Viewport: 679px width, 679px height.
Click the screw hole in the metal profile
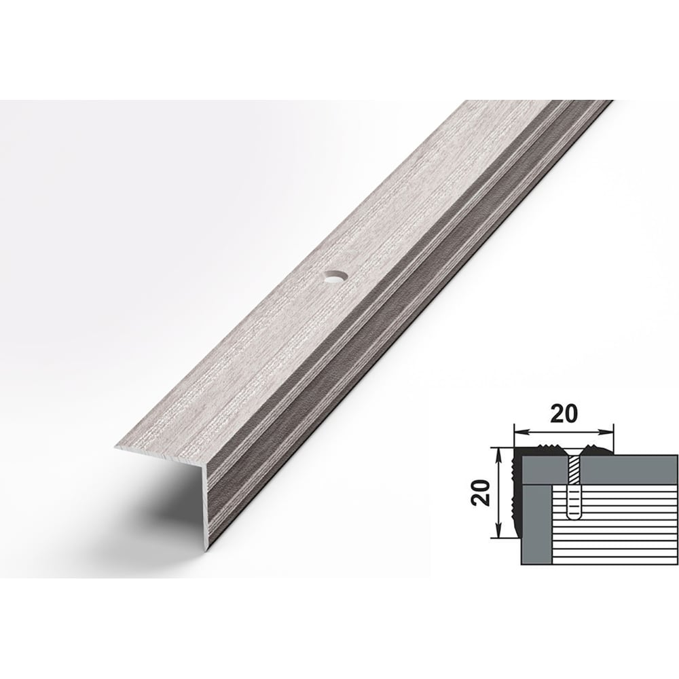[335, 277]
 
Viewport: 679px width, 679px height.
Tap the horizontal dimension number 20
[564, 414]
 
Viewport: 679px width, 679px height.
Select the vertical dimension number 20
[481, 493]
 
